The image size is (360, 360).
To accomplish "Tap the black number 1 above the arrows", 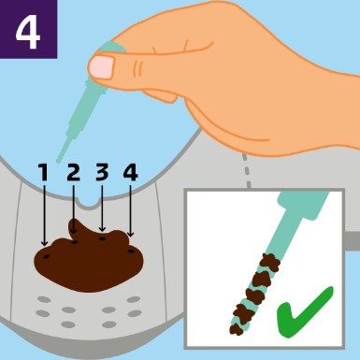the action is coord(44,172).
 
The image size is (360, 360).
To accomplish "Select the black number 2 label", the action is coord(74,172).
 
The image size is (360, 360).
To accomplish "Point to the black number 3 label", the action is coord(102,172).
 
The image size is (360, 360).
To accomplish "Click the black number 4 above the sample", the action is coord(130,173).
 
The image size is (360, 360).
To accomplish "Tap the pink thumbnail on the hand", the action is coord(102,66).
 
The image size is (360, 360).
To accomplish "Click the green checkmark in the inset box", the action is coord(305,312).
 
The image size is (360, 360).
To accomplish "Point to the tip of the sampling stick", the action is coord(58,162).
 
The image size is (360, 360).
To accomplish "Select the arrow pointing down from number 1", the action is coord(44,215).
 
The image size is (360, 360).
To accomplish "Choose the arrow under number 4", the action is coord(131,211).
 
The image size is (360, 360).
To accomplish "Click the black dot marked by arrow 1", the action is coord(47,256).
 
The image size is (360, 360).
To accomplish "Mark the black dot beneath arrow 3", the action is coord(102,238).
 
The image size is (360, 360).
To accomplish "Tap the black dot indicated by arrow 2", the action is coord(75,242).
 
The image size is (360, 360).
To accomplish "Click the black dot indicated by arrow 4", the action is coord(131,251).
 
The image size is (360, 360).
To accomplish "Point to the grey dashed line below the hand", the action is coord(246,170).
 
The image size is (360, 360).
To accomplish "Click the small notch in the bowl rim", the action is coord(89,203).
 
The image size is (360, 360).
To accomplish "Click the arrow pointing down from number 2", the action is coord(74,209).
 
